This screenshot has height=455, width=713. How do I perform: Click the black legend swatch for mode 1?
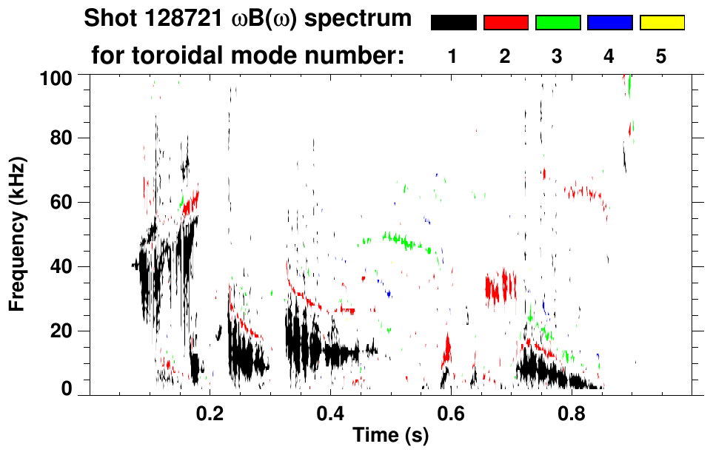pos(453,23)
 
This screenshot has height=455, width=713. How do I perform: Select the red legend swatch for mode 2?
pos(506,23)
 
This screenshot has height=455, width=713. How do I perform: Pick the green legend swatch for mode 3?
pos(558,23)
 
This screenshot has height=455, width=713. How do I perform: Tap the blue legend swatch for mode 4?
pos(609,23)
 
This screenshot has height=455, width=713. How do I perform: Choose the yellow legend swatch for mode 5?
pos(661,23)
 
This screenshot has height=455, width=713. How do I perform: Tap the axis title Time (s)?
pos(390,436)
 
